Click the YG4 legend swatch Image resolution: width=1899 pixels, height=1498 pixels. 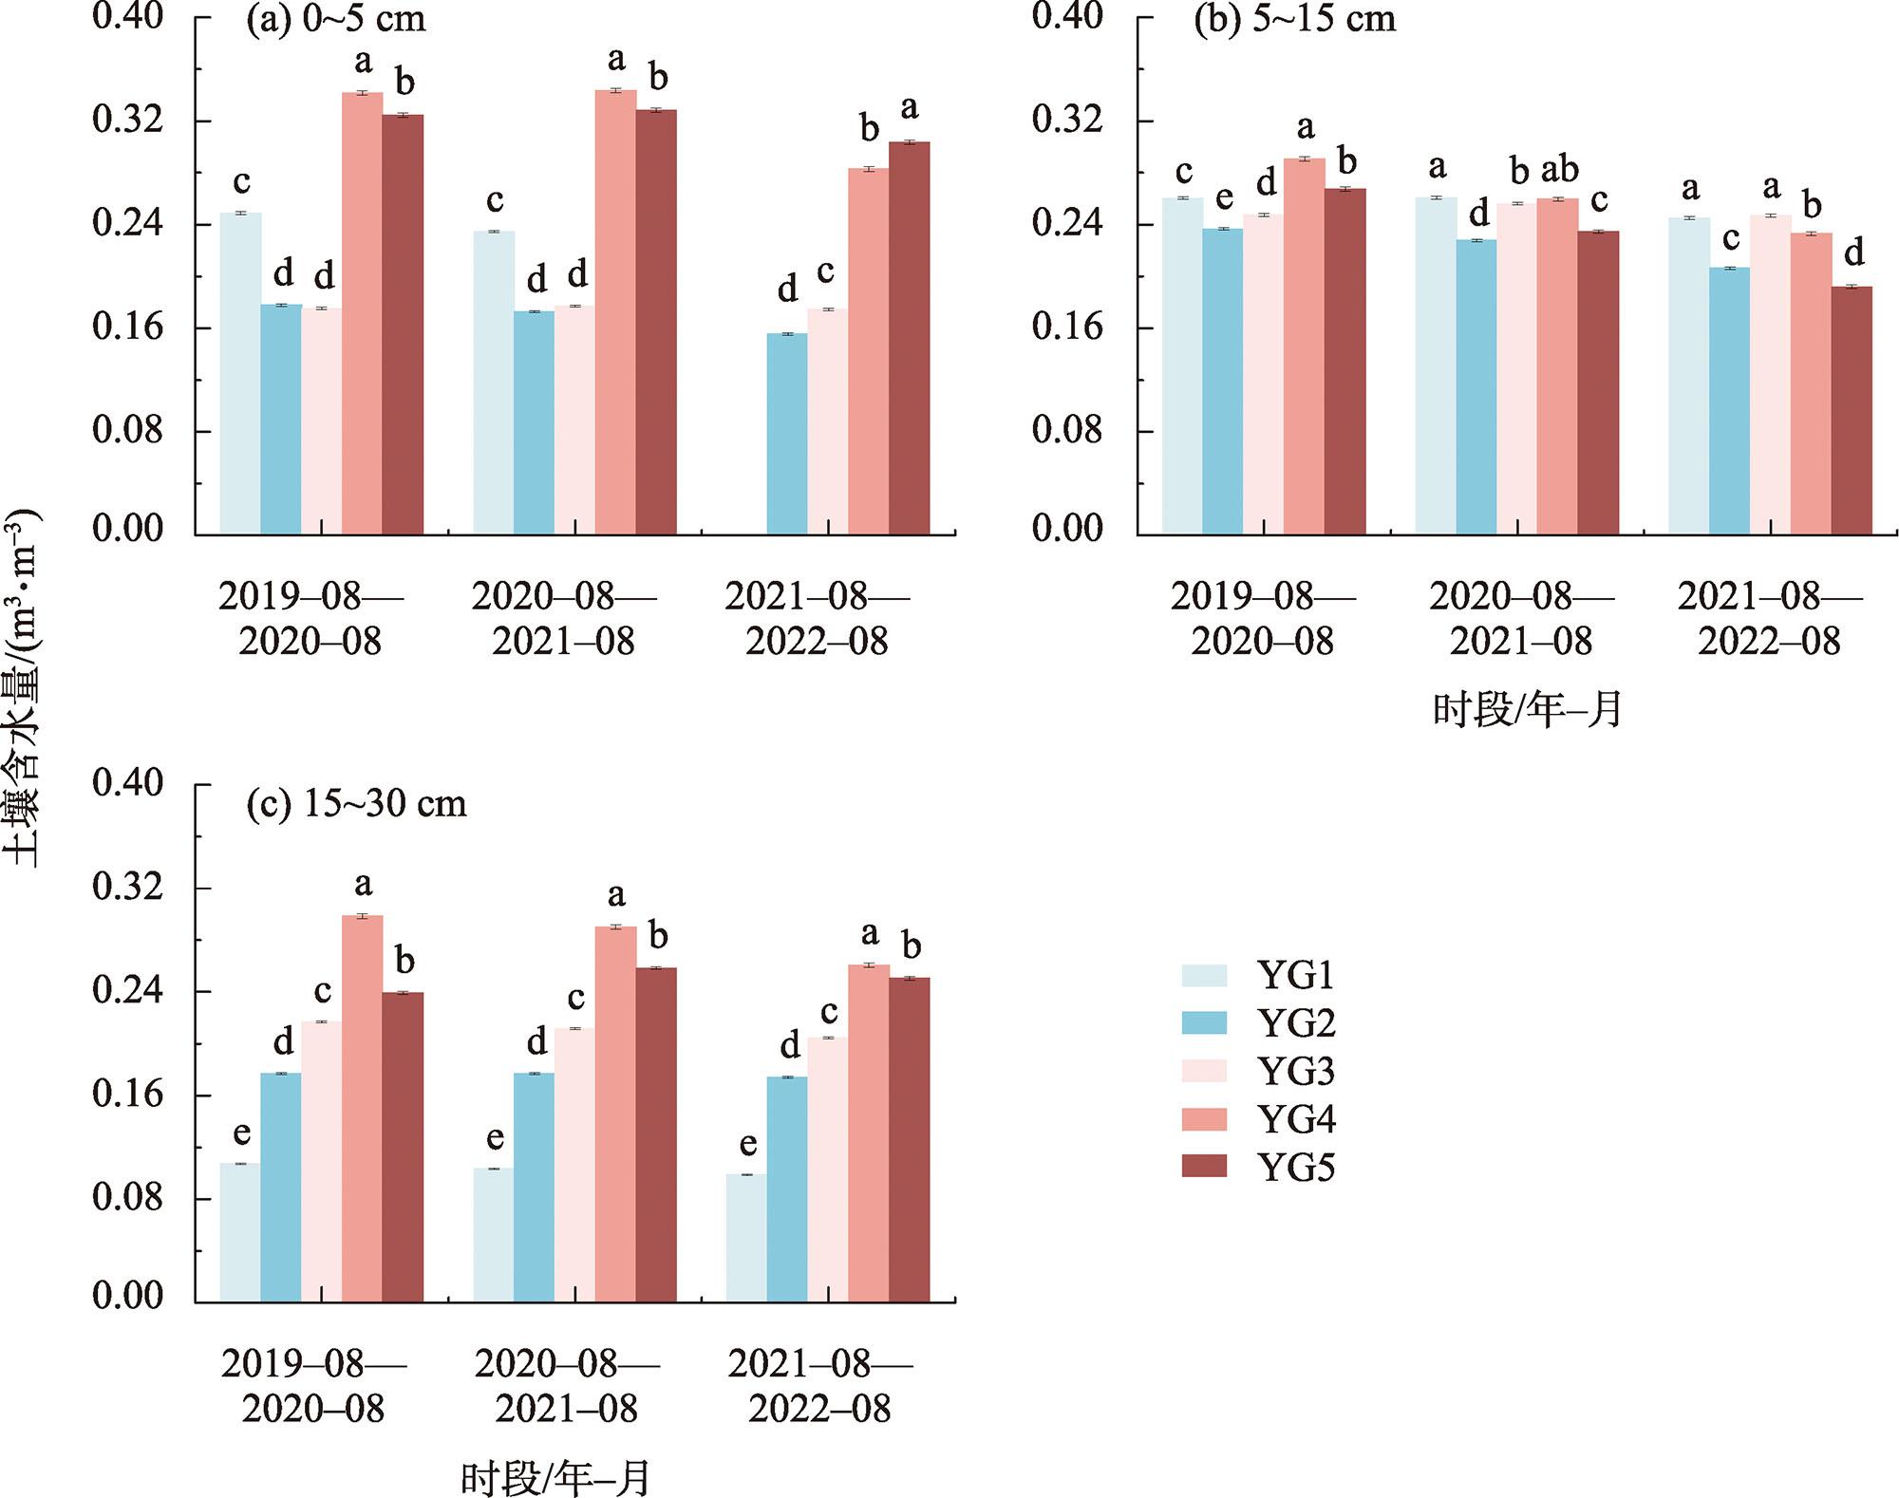click(x=1204, y=1119)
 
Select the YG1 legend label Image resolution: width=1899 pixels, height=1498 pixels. click(x=1296, y=976)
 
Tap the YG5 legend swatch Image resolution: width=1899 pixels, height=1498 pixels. click(x=1204, y=1167)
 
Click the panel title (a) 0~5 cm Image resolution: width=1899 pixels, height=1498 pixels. click(x=336, y=20)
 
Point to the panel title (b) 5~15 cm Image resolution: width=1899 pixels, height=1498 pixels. click(x=1295, y=20)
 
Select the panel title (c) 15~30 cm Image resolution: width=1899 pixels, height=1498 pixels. click(x=357, y=804)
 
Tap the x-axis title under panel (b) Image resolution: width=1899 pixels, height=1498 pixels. click(x=1528, y=710)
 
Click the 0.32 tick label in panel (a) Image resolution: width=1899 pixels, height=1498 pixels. click(x=127, y=121)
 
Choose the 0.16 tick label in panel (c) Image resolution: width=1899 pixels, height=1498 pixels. click(x=127, y=1095)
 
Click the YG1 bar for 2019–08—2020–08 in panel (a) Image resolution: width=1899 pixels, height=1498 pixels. click(x=240, y=374)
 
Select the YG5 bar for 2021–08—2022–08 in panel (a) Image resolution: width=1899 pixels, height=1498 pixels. click(x=910, y=339)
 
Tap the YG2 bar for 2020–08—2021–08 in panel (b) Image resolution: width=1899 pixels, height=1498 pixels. click(x=1476, y=387)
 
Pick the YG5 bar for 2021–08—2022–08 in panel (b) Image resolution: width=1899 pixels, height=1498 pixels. click(x=1852, y=410)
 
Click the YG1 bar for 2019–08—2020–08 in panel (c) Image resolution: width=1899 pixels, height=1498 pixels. click(x=240, y=1232)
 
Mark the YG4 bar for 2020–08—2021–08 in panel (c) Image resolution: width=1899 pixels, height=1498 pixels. click(x=615, y=1114)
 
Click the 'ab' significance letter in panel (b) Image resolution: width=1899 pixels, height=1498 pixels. click(x=1559, y=170)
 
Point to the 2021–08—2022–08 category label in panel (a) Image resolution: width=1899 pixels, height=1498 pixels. click(x=817, y=619)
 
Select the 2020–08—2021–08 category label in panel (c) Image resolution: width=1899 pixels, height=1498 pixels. click(x=567, y=1386)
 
